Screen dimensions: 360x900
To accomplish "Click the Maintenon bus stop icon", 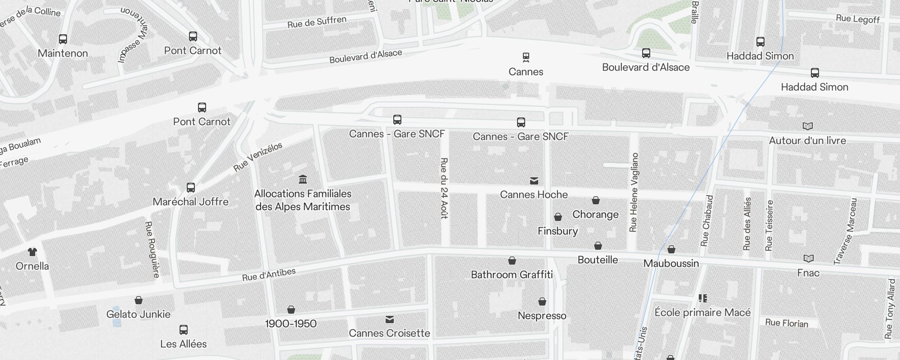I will [63, 39].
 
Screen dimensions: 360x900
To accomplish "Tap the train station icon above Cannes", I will [526, 57].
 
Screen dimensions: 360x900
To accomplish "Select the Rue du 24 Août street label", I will [444, 188].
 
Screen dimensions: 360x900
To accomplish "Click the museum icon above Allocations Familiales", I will [303, 180].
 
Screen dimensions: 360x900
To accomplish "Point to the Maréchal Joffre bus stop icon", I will [191, 188].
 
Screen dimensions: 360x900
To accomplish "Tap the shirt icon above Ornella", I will [32, 252].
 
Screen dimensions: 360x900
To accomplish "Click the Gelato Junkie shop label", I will [138, 314].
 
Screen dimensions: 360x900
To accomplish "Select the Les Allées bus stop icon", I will [184, 330].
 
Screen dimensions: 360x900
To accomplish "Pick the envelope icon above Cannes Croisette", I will [390, 319].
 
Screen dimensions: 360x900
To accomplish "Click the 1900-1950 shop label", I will [291, 324].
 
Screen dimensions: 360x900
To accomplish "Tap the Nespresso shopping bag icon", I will [542, 301].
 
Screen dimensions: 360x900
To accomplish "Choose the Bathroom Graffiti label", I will [512, 274].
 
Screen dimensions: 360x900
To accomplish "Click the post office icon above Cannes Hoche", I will [534, 181].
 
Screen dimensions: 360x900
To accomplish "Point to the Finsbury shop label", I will [558, 231].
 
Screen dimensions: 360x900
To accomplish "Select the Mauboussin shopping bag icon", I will [671, 249].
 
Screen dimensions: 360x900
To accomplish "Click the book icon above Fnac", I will [809, 259].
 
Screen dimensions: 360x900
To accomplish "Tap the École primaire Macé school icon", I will [703, 298].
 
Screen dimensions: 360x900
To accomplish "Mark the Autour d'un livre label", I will [807, 140].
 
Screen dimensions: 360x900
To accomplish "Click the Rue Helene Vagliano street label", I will [634, 193].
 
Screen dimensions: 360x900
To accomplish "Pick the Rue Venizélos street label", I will [258, 157].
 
